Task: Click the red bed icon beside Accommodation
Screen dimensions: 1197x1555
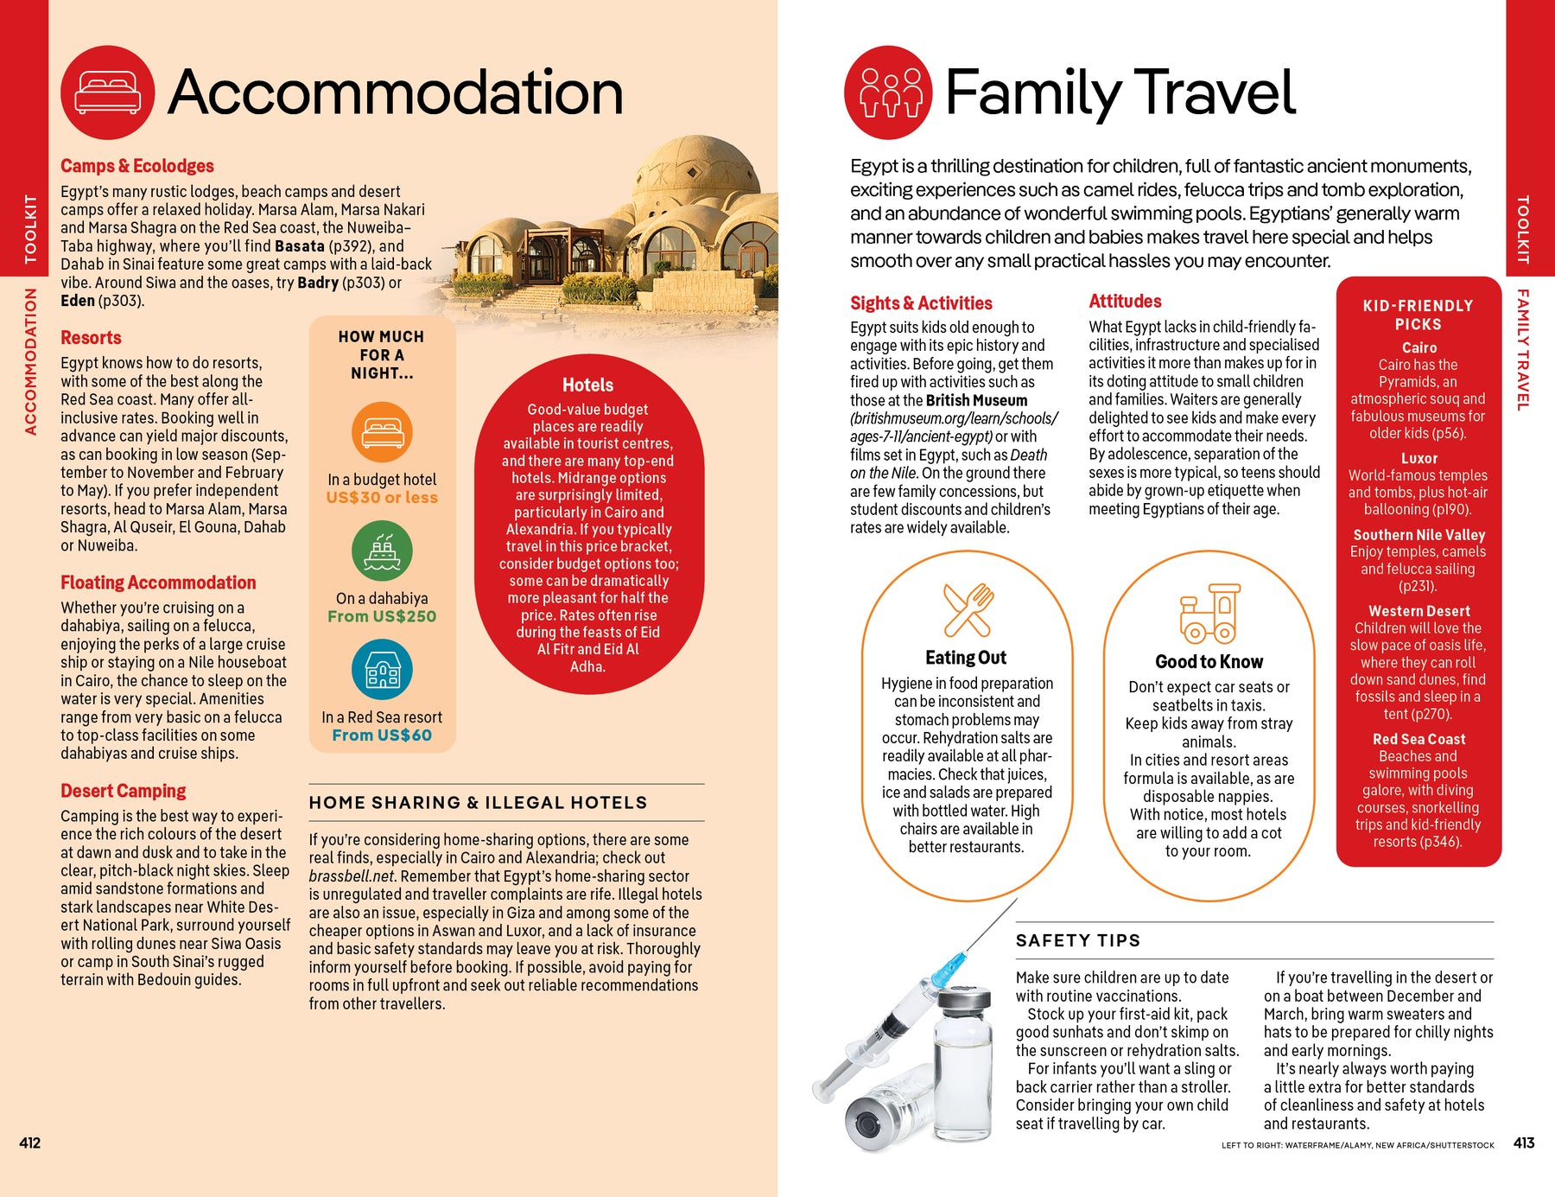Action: (x=108, y=92)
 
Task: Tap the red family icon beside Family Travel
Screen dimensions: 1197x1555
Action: (x=889, y=92)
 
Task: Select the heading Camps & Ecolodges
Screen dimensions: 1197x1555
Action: (x=137, y=166)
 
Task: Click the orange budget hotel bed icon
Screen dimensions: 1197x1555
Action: (x=382, y=432)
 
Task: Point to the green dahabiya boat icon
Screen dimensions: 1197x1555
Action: (x=382, y=551)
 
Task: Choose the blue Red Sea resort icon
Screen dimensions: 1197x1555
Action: (x=382, y=670)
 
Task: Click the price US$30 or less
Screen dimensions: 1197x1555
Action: (x=382, y=498)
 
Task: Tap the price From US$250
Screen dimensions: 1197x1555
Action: (x=382, y=616)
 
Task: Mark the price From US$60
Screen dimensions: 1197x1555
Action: (x=382, y=735)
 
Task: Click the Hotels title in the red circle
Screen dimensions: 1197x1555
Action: (x=587, y=385)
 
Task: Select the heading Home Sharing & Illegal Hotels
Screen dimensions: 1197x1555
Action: (x=478, y=803)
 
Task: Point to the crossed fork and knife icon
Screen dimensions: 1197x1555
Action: (x=968, y=610)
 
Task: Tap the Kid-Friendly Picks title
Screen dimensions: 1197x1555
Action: (x=1418, y=315)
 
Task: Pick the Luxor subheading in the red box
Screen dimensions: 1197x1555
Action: (x=1419, y=458)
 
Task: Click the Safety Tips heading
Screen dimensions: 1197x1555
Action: (x=1077, y=940)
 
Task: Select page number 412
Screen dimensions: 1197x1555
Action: (x=30, y=1143)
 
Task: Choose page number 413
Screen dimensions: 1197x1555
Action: (x=1524, y=1143)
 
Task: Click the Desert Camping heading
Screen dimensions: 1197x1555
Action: (x=124, y=791)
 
